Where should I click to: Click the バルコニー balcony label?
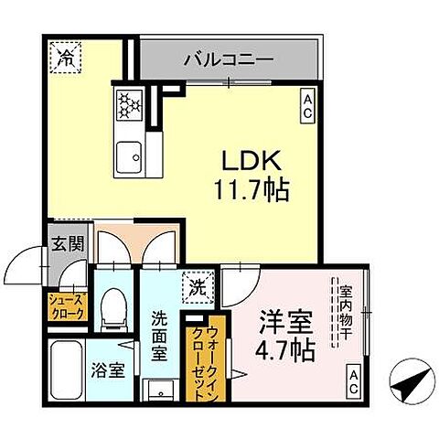(228, 59)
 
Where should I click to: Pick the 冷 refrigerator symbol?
(67, 58)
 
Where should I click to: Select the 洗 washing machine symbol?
(196, 287)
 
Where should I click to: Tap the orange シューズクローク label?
(67, 306)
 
